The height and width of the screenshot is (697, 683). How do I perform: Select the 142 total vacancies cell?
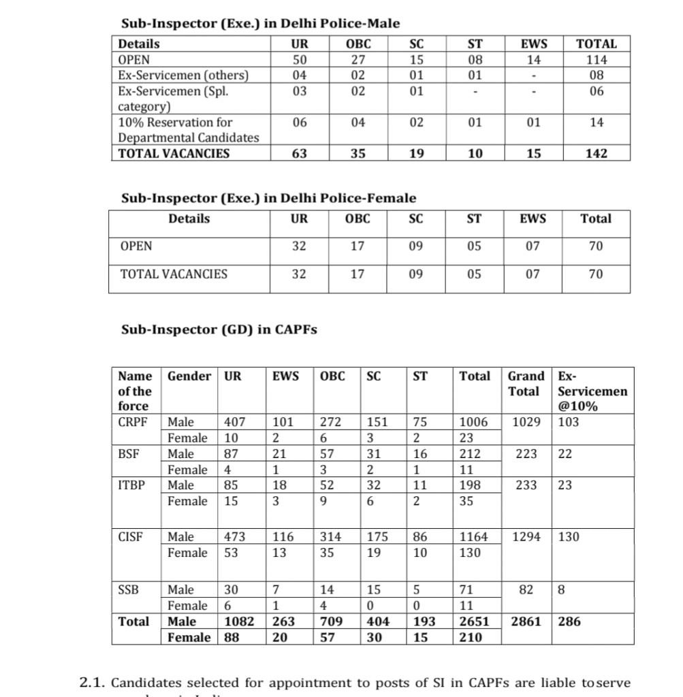[x=597, y=154]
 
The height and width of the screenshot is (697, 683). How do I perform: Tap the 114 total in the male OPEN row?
[x=597, y=59]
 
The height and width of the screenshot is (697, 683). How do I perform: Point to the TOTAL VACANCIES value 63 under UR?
[x=299, y=154]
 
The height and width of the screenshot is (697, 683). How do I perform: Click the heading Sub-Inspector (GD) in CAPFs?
[x=219, y=330]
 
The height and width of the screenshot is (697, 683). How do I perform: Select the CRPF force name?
[x=130, y=422]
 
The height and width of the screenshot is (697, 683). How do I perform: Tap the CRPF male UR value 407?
[x=236, y=422]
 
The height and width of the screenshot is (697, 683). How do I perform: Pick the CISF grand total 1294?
[x=527, y=537]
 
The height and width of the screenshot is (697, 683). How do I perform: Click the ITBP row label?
[x=130, y=485]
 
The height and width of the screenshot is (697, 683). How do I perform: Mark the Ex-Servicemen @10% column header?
[x=592, y=391]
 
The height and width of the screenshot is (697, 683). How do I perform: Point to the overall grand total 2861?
[x=527, y=621]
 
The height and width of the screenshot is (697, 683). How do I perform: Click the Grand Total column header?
[x=526, y=384]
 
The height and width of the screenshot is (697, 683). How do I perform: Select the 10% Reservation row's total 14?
[x=597, y=123]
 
